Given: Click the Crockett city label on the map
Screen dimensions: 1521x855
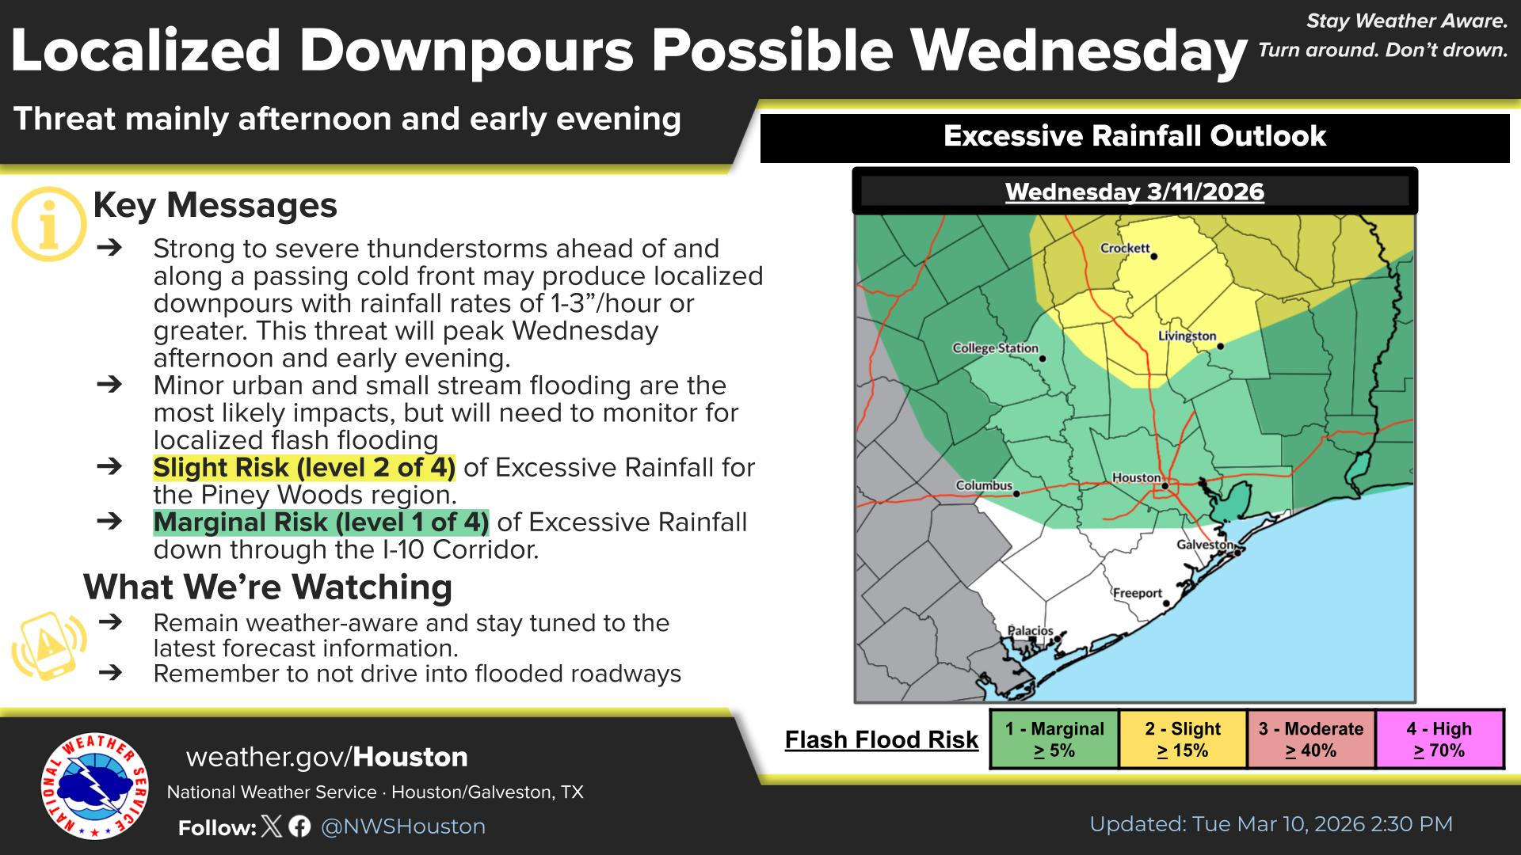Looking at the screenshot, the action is [1125, 248].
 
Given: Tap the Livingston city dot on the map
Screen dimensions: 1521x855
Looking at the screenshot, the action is [1221, 346].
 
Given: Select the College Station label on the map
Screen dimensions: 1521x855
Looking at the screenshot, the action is [995, 348].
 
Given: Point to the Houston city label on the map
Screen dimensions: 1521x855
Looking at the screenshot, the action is [1136, 477].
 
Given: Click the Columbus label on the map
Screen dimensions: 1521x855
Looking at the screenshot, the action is [984, 485].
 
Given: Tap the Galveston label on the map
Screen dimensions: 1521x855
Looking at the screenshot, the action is [1204, 545].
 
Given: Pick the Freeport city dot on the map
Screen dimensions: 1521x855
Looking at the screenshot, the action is [1166, 603].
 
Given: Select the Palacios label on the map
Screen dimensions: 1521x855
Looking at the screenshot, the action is [1031, 631].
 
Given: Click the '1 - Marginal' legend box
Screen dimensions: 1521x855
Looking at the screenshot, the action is [1054, 739].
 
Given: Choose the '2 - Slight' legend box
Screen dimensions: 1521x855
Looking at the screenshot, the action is [1183, 739].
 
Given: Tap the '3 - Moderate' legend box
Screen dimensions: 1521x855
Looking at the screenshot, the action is [1311, 739].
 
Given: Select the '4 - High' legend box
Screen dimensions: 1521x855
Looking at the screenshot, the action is [1439, 739].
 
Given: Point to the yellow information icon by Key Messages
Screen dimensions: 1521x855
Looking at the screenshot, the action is [49, 224].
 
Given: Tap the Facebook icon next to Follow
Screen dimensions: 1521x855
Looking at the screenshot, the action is [299, 826].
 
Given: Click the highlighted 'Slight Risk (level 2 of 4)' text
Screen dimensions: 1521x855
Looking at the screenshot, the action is [304, 467].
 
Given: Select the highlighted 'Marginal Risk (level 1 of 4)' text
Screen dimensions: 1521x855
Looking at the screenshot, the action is [321, 522].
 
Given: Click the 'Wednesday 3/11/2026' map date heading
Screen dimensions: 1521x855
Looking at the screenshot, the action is [1134, 192].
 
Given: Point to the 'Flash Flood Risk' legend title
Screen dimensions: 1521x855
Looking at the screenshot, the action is [882, 739].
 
